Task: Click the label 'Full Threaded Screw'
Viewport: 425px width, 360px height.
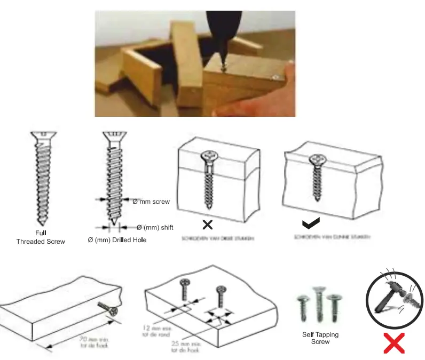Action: coord(41,237)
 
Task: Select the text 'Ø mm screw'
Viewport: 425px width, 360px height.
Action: coord(151,202)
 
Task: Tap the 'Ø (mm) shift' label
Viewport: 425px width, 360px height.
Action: coord(155,228)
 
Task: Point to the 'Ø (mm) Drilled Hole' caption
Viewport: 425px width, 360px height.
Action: coord(117,240)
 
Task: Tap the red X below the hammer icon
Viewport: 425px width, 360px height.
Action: coord(394,343)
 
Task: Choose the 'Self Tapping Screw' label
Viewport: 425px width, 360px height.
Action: coord(320,338)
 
